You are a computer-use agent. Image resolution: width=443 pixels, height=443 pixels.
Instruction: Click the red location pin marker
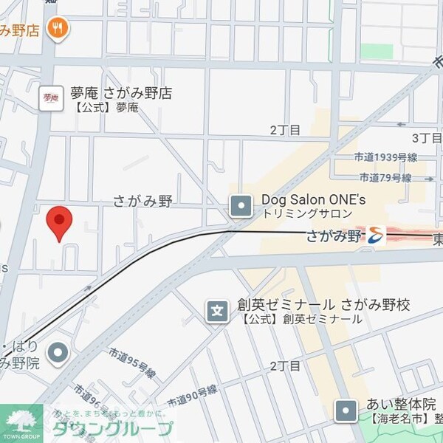click(59, 222)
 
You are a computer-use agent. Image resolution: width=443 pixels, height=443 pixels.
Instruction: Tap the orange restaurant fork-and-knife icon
click(58, 29)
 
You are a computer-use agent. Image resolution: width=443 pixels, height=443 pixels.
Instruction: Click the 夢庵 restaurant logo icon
click(51, 97)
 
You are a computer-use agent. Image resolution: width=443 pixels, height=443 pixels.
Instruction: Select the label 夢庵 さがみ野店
click(121, 93)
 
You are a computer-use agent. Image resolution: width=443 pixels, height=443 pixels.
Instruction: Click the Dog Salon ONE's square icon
click(241, 206)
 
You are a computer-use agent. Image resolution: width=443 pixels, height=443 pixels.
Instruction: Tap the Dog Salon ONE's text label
click(313, 199)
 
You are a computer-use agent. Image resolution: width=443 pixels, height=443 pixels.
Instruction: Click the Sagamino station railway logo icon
click(375, 236)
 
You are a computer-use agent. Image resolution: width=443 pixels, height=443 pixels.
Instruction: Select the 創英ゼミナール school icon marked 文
click(217, 312)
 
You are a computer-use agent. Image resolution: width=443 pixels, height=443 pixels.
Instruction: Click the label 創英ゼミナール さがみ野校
click(323, 305)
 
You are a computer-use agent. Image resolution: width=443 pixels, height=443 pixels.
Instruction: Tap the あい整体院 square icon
click(345, 411)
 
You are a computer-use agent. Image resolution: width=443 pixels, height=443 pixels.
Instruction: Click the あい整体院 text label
click(402, 405)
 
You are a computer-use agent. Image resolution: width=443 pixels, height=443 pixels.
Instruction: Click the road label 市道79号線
click(385, 178)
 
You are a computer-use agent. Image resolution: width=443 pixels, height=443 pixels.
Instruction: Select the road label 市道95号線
click(131, 363)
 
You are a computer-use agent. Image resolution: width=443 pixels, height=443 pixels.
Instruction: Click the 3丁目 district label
click(426, 138)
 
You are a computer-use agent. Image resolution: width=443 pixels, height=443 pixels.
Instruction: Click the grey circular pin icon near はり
click(58, 353)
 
